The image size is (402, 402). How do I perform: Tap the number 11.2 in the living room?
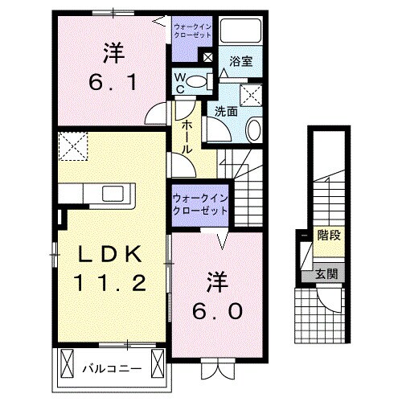111,282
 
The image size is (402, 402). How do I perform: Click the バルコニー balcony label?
112,368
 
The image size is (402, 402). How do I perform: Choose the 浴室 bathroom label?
239,61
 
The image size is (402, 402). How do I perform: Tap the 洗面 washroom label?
224,113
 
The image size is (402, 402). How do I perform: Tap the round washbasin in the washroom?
254,127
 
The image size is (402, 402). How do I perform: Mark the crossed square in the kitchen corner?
72,148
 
